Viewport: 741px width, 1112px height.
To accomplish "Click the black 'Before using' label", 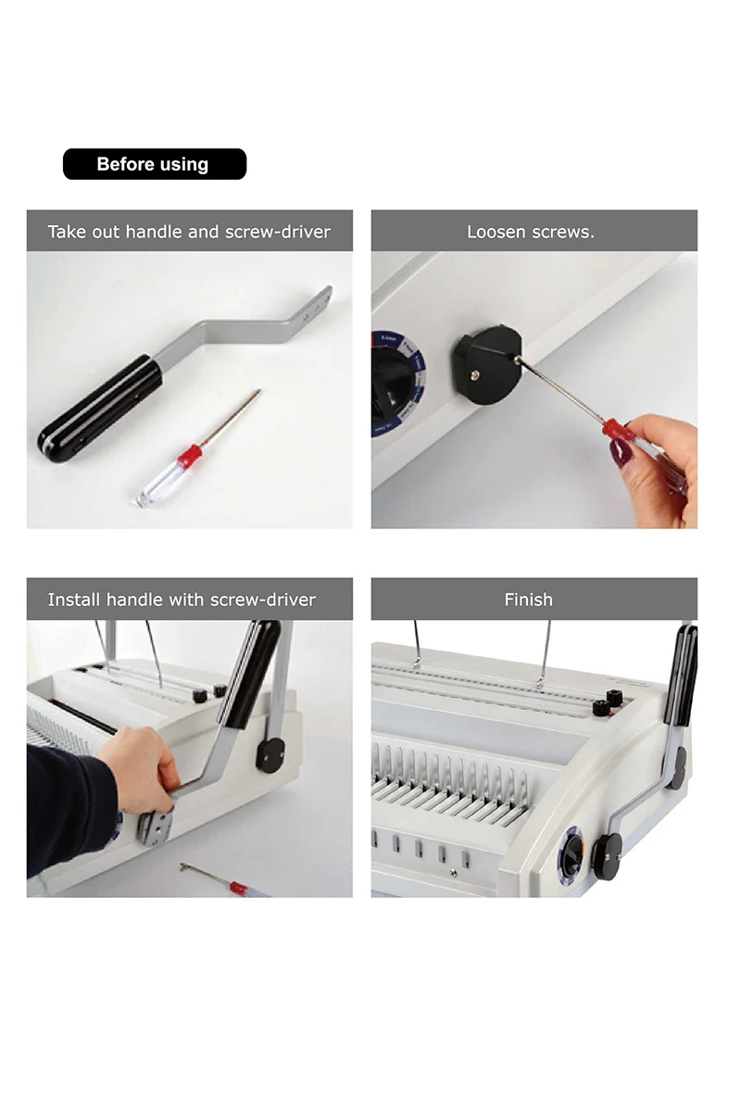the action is [x=155, y=164].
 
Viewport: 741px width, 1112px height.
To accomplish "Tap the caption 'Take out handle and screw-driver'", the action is [x=189, y=232].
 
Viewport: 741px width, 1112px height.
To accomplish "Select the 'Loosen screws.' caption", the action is [x=531, y=232].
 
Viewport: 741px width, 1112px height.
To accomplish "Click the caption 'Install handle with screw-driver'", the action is [x=182, y=600].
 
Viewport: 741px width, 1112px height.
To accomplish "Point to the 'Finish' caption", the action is [x=529, y=600].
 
